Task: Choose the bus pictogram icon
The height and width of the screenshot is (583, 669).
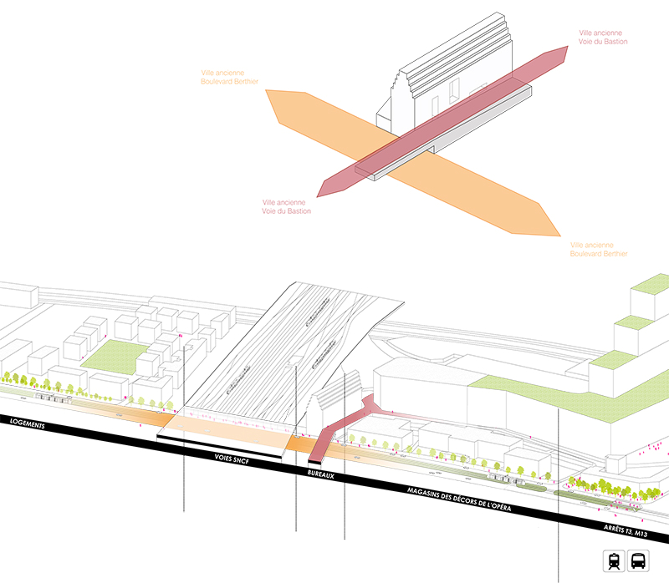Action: tap(638, 561)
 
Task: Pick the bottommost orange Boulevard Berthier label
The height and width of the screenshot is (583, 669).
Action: tap(597, 248)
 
